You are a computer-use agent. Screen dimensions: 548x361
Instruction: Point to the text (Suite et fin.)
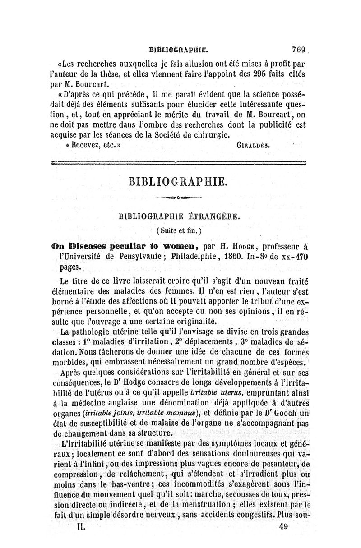tap(180, 230)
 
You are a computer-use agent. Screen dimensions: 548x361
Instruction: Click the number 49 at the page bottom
tap(283, 526)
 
